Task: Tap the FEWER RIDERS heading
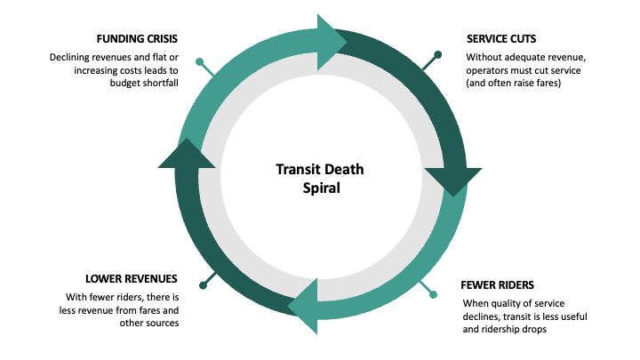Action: (497, 285)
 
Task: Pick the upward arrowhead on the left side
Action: (186, 154)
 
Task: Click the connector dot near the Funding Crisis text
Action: (200, 63)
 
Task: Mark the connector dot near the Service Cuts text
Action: (437, 55)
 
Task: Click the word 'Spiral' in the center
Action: (320, 188)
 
